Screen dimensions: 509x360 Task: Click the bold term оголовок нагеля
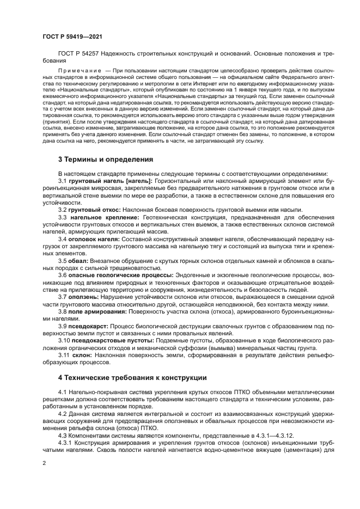pos(95,239)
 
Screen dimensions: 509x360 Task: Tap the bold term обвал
pos(77,261)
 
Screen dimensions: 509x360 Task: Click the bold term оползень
pos(83,297)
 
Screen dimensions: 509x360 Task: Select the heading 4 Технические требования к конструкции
pos(132,377)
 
